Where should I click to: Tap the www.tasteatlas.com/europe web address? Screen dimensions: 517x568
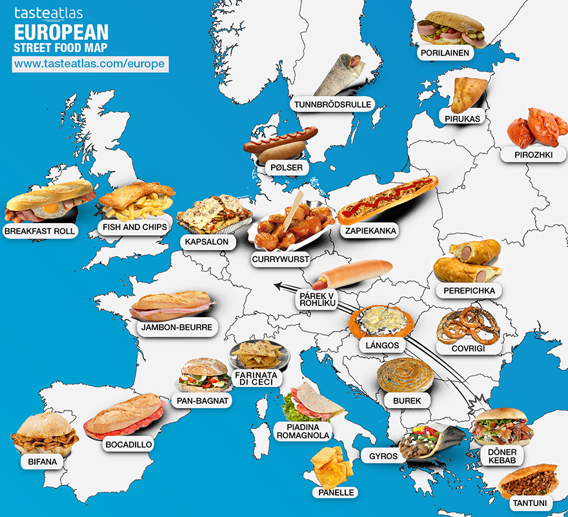coord(90,64)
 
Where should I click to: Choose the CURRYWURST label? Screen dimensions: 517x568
coord(281,259)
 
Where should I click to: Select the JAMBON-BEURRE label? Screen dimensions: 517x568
coord(176,327)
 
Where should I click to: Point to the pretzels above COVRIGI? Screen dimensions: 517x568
coord(468,326)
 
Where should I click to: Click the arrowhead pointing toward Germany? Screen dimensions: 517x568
coord(278,285)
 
